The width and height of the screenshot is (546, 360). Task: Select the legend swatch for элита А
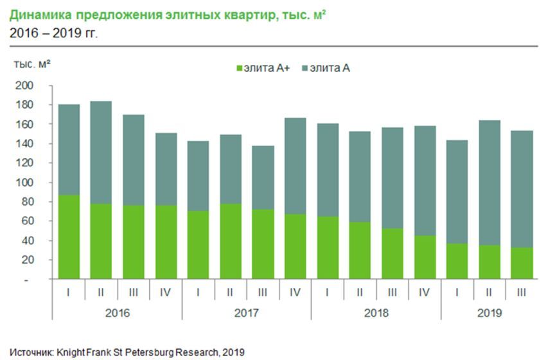click(304, 67)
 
